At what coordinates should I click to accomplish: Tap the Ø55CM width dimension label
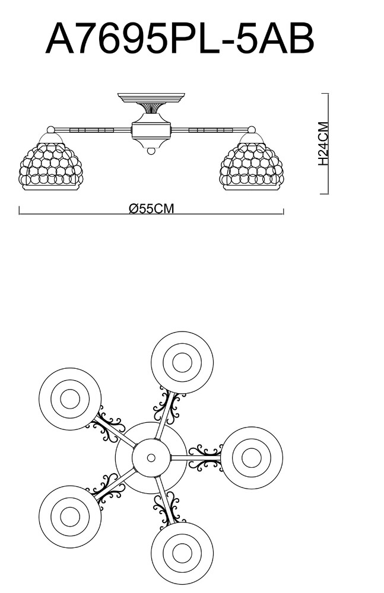(151, 209)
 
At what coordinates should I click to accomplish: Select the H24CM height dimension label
(323, 144)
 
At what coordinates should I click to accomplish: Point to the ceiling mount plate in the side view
(151, 97)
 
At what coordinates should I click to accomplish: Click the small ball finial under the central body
(151, 151)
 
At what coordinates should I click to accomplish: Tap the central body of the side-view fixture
(151, 130)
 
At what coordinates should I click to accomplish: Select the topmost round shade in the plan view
(182, 362)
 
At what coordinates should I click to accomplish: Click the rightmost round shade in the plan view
(252, 457)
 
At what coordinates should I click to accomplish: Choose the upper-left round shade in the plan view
(70, 398)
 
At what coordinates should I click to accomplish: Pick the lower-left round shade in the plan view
(70, 516)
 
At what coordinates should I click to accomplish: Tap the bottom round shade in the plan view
(182, 553)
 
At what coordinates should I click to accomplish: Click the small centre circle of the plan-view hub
(151, 458)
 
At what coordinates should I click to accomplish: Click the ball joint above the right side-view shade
(251, 129)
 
